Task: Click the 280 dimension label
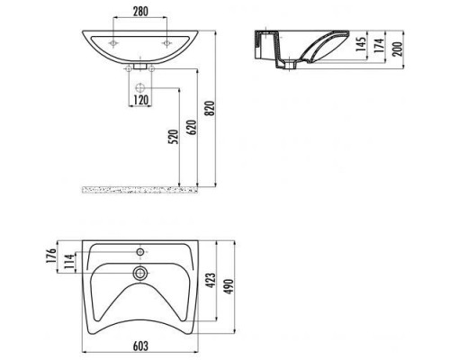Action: [x=140, y=12]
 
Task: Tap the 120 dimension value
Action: [x=140, y=101]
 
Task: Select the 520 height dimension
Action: [x=174, y=137]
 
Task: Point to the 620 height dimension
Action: [x=193, y=127]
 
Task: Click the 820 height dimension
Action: [x=211, y=108]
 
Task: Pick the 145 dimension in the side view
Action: [x=362, y=44]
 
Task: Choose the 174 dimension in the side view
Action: [x=379, y=46]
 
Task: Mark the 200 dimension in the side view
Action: [x=398, y=49]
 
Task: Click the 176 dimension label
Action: [x=51, y=256]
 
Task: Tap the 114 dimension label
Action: [x=69, y=261]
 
